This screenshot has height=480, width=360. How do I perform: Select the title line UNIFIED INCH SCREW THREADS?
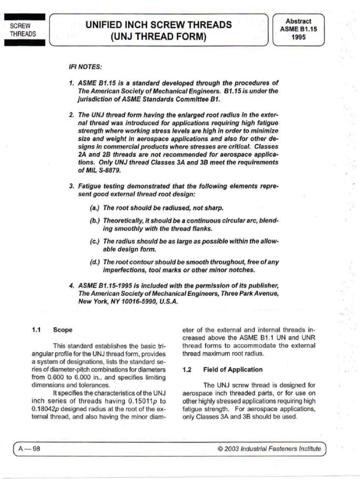[158, 25]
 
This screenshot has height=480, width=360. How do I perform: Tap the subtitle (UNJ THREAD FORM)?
[158, 37]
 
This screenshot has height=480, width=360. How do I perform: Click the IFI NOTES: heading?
[83, 67]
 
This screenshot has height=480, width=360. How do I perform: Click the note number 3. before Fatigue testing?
[71, 187]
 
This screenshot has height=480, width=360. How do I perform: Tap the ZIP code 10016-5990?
[139, 302]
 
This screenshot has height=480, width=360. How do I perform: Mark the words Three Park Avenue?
[250, 293]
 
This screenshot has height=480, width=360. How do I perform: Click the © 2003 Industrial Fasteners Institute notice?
[270, 449]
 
